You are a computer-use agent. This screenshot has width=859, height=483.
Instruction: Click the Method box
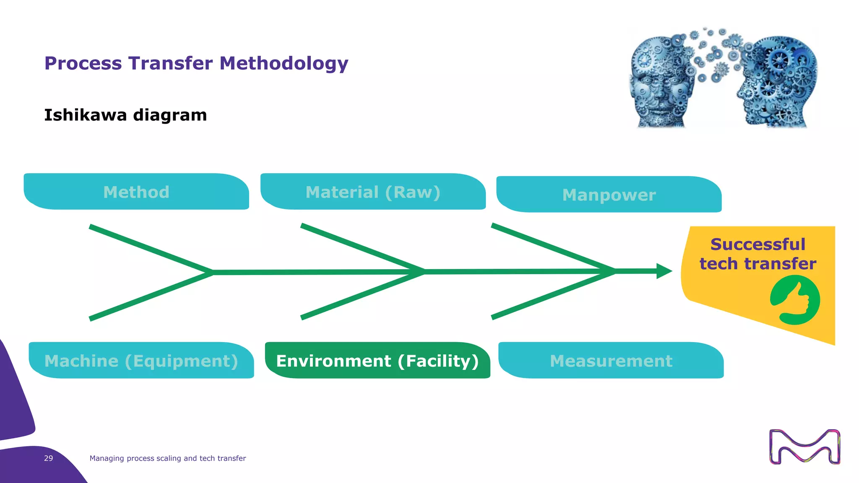[136, 192]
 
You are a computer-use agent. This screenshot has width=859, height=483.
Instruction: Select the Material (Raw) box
[373, 192]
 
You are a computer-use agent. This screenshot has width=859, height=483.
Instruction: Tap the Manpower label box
[609, 195]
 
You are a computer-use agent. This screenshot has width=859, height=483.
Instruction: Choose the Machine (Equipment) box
[141, 361]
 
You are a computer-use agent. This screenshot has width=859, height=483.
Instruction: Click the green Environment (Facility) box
[377, 361]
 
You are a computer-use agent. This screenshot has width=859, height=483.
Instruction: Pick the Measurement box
[611, 361]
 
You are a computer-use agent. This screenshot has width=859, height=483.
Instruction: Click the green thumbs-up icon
[795, 300]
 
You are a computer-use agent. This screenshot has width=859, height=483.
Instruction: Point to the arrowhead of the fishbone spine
[664, 271]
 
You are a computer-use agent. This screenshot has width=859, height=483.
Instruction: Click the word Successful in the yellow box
[758, 244]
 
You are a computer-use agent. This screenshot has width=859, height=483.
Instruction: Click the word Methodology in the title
[284, 63]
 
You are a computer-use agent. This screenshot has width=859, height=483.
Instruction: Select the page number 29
[49, 458]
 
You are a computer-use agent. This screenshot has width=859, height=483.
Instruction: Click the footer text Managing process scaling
[167, 458]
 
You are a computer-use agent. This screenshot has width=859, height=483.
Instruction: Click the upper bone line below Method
[151, 249]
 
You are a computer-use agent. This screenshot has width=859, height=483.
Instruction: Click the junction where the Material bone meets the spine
[424, 272]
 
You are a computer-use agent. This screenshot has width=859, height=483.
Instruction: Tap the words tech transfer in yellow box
[758, 264]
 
